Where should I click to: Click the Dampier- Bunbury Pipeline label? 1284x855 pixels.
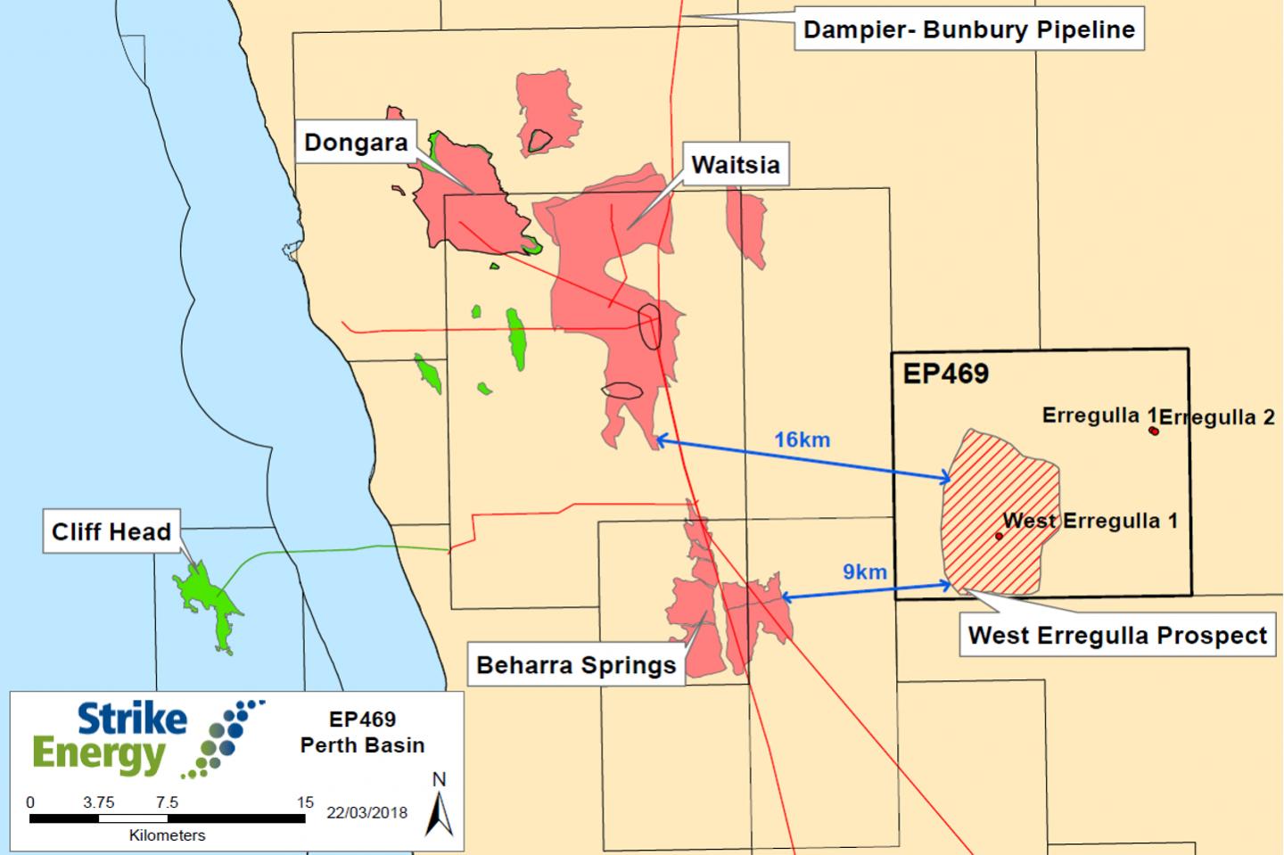(968, 29)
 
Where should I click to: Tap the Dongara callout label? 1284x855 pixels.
(356, 143)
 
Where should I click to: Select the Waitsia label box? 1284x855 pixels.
(735, 165)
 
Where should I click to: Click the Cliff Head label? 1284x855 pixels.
(111, 532)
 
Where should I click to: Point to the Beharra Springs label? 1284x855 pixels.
(576, 665)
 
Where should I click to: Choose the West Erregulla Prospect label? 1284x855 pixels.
(1117, 636)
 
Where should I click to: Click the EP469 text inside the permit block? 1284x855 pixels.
(945, 373)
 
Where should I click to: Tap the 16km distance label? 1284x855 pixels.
(802, 440)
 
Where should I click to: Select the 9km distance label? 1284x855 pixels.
(865, 571)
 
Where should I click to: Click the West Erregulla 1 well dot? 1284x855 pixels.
(999, 536)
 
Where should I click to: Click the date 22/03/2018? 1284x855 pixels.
(366, 812)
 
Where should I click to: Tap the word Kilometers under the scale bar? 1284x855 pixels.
(167, 835)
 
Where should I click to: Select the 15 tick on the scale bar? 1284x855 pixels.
(305, 802)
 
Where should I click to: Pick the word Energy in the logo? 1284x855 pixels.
(98, 756)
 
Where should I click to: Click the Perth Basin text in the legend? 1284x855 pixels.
(362, 745)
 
